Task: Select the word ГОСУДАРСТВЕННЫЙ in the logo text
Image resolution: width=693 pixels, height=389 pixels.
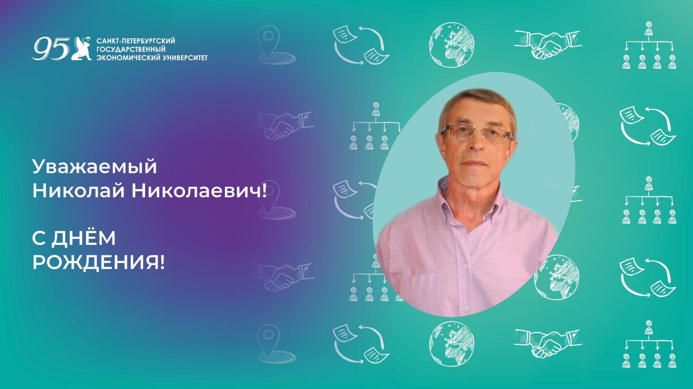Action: click(131, 49)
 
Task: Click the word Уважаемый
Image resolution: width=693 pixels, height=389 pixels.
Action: click(95, 167)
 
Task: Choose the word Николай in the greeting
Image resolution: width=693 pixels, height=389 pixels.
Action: click(78, 190)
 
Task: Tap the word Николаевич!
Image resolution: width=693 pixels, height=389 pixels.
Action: click(199, 190)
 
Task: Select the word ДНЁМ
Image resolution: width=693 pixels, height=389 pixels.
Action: click(83, 238)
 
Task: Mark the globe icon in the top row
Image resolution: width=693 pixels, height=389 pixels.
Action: click(452, 45)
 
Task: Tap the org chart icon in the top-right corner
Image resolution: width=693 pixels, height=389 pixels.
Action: click(649, 46)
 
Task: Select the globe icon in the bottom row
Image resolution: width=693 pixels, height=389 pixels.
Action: click(452, 344)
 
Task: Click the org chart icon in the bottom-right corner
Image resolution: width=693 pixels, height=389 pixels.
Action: click(649, 344)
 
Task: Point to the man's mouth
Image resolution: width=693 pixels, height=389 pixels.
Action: click(475, 164)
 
